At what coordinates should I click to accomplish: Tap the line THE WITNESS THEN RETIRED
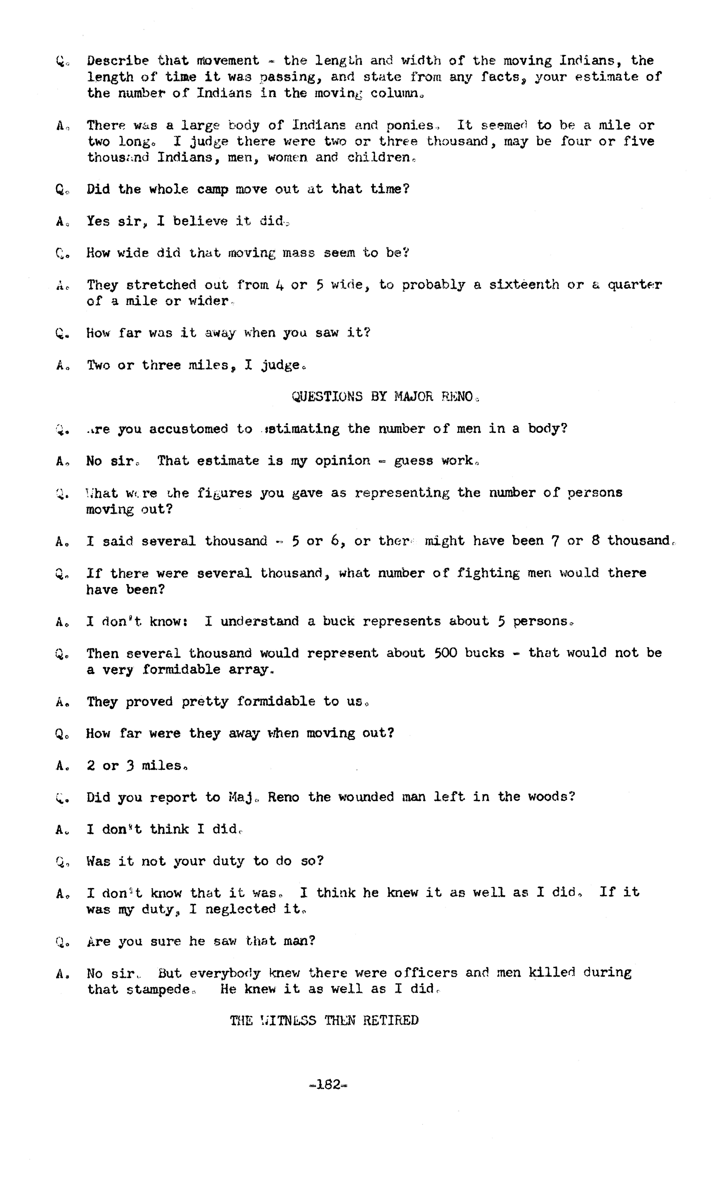(324, 1020)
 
